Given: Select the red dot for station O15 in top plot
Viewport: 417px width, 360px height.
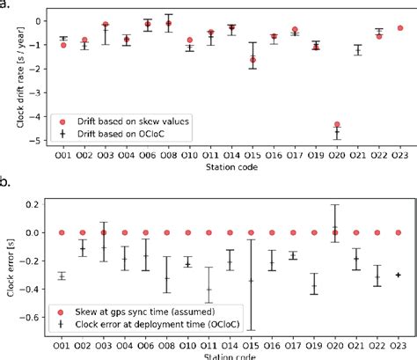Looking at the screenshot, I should click(252, 59).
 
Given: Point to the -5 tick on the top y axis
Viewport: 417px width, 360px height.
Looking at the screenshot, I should click(39, 140).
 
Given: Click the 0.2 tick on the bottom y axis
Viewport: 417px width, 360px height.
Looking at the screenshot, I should click(38, 204).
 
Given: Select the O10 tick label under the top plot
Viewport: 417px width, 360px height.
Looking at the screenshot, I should click(189, 155).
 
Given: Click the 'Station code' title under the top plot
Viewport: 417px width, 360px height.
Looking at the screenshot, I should click(230, 166).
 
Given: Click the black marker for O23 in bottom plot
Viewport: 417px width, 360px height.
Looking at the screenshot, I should click(399, 275).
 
